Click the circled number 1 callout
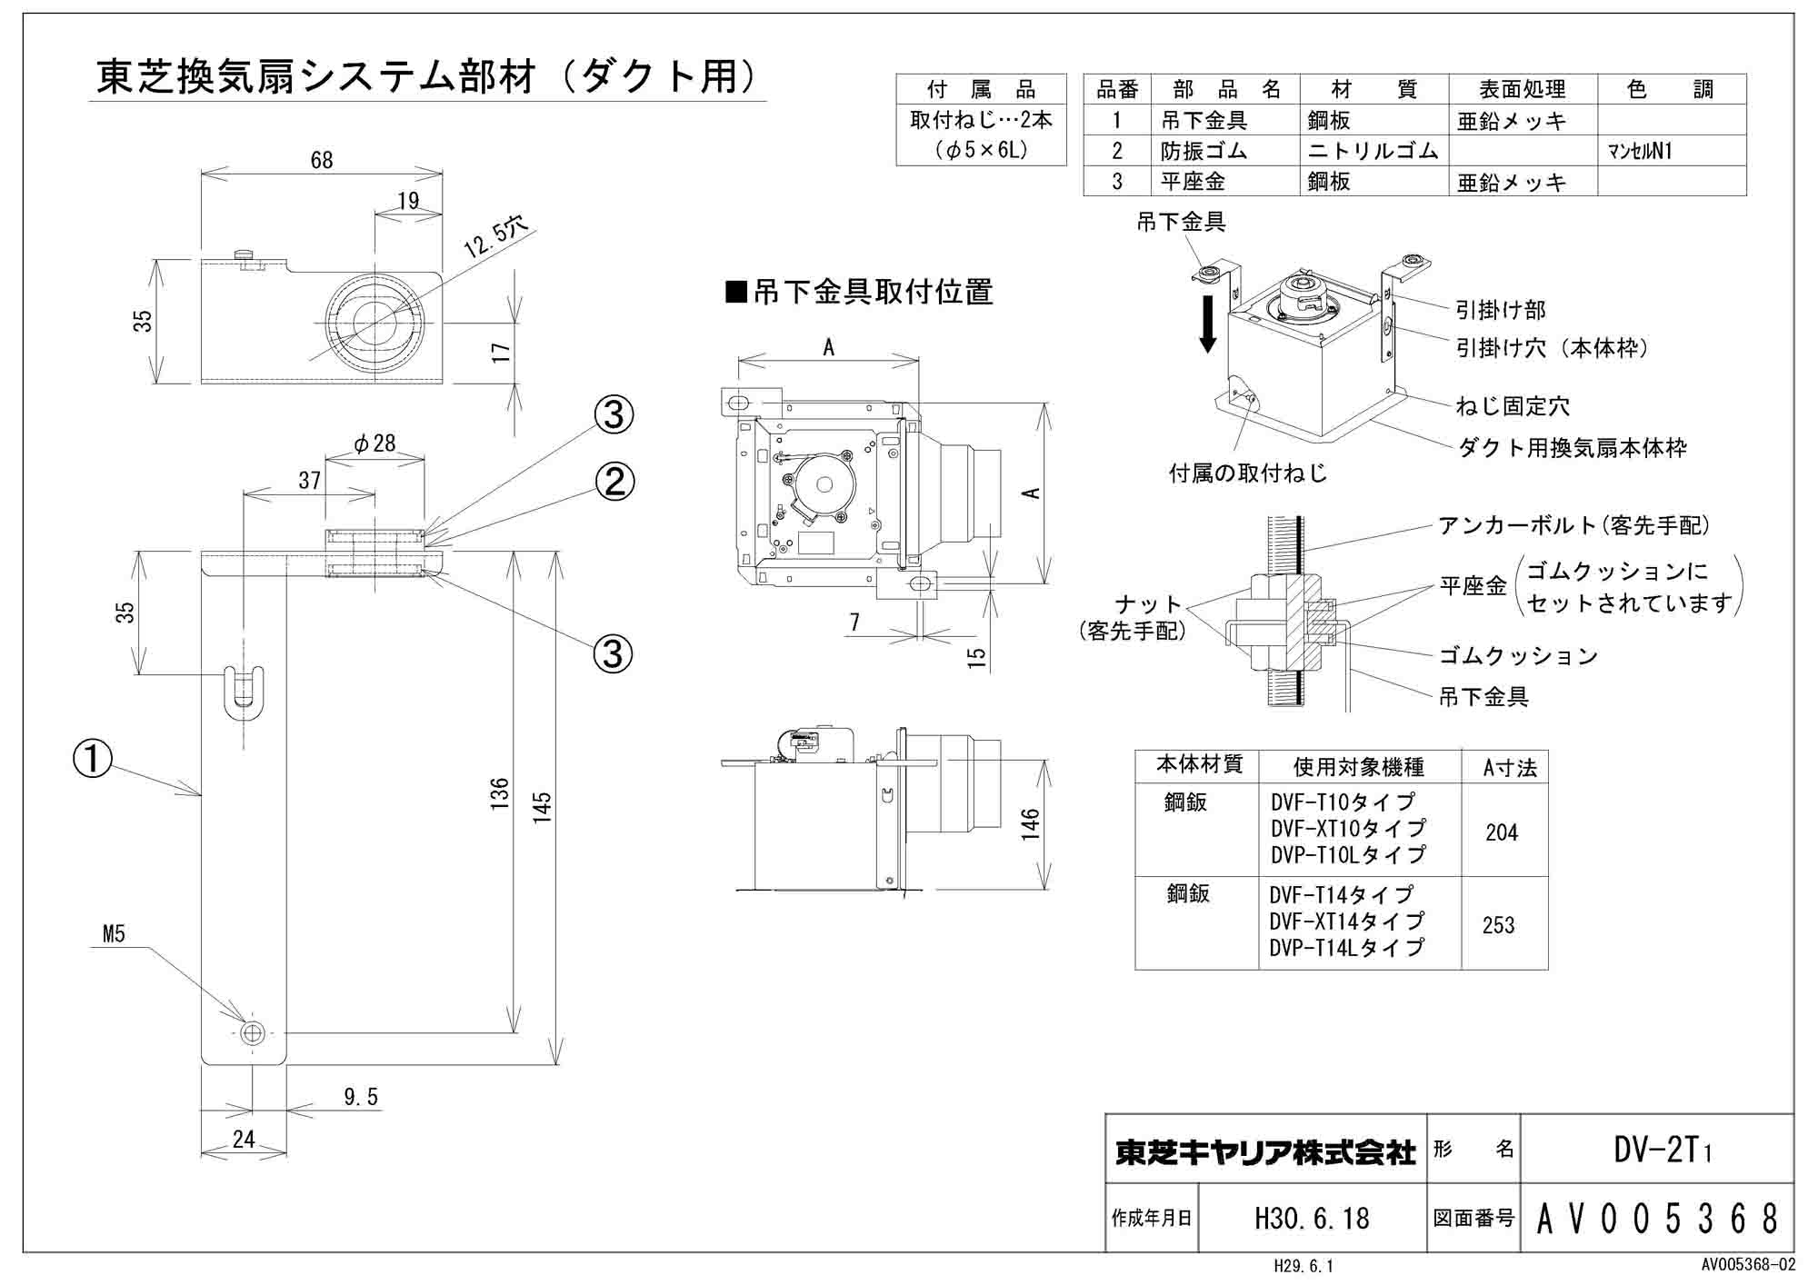point(93,759)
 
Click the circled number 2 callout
point(614,481)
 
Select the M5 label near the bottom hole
point(114,934)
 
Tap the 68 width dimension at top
point(322,161)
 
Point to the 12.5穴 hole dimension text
point(496,238)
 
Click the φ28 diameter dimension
point(375,443)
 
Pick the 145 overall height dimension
point(543,807)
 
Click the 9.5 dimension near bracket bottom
point(361,1098)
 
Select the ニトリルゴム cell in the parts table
point(1373,151)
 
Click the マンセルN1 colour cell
point(1640,152)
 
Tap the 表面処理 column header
point(1522,90)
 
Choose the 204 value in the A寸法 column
point(1502,832)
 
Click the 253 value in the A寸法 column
point(1498,925)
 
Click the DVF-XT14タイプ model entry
point(1347,921)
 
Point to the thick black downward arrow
point(1207,323)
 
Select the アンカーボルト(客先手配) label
point(1573,525)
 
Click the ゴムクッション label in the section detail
point(1517,655)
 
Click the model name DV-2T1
point(1663,1151)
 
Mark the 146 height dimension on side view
point(1030,823)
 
